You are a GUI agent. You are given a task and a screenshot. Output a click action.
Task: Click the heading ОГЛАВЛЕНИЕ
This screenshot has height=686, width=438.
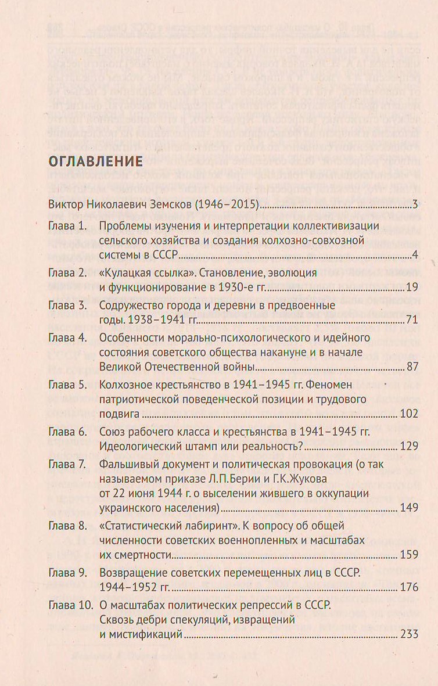point(95,161)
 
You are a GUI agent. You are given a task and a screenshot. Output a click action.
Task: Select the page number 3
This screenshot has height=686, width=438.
point(415,204)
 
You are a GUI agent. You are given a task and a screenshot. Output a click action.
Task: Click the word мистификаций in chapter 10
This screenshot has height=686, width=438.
point(146,634)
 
